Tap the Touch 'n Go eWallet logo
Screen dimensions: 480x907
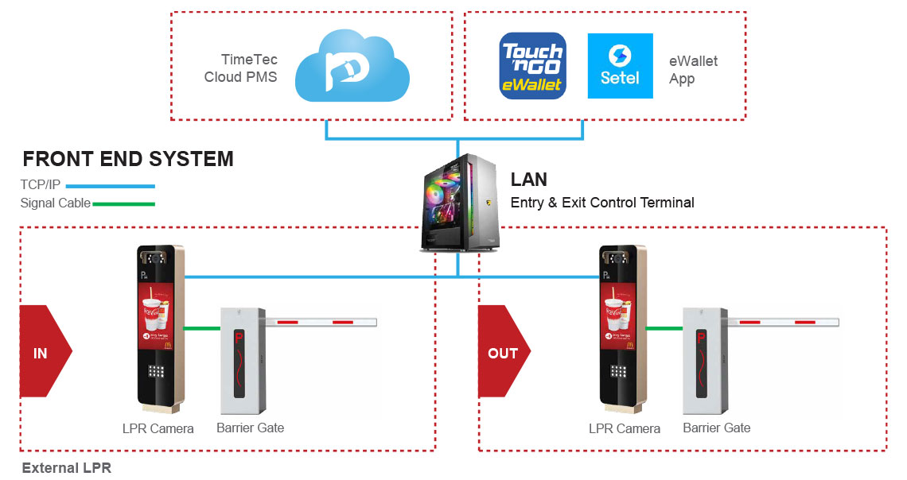[x=532, y=66]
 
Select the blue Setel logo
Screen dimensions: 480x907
[x=620, y=66]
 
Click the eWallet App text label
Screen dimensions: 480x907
[x=683, y=70]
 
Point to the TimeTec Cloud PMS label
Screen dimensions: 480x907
[x=240, y=68]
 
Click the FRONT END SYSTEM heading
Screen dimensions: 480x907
[x=128, y=159]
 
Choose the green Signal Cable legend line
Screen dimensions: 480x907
[x=123, y=203]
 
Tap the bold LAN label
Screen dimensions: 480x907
[x=528, y=180]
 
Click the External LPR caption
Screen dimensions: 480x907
[x=67, y=468]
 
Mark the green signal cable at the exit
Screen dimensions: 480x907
[x=664, y=327]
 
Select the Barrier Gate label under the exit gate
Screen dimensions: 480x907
[x=716, y=428]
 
